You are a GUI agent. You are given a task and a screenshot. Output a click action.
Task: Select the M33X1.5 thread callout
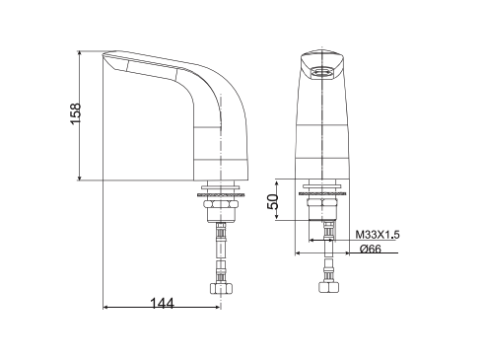click(x=377, y=235)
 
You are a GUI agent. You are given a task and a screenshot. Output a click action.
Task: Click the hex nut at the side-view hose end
click(x=220, y=290)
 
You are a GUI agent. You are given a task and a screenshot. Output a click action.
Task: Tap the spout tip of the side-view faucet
click(x=108, y=58)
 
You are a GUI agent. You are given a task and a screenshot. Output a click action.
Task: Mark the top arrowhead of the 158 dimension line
click(x=83, y=51)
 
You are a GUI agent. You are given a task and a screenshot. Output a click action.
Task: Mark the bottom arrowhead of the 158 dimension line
click(x=83, y=178)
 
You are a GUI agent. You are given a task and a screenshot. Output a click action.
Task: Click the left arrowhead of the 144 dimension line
click(x=107, y=311)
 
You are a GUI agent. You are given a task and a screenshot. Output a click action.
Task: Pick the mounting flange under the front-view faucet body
click(x=323, y=186)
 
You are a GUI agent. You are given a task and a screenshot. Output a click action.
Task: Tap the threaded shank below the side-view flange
click(x=220, y=208)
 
